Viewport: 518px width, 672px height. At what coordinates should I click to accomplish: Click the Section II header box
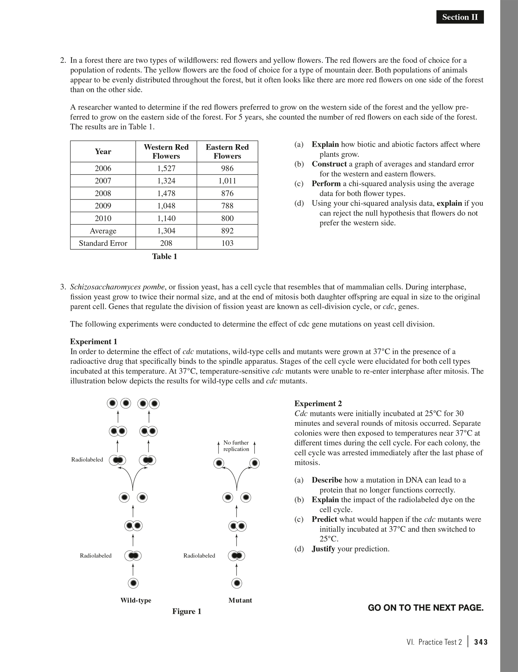point(460,17)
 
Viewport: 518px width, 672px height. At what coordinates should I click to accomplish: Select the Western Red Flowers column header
point(166,152)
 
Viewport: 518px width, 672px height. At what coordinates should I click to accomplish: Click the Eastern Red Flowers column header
point(227,152)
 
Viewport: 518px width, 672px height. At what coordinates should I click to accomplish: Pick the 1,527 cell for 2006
point(166,168)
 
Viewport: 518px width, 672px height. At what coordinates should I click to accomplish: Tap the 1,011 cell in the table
point(227,181)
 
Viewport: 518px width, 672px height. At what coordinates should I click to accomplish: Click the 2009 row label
point(103,206)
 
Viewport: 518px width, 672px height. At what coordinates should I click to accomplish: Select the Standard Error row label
point(103,243)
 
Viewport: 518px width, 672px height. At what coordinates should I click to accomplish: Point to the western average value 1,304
point(166,231)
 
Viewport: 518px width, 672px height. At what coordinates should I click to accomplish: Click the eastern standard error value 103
point(227,243)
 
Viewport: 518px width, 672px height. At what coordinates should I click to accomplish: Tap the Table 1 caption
point(164,257)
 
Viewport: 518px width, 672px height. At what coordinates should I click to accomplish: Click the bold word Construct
point(329,164)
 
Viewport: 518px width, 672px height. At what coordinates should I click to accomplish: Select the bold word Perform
point(326,184)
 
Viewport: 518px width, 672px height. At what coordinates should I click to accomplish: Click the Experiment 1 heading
point(93,342)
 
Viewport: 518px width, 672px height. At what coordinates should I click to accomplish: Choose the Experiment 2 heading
point(318,403)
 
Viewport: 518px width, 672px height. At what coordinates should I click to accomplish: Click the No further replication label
point(236,446)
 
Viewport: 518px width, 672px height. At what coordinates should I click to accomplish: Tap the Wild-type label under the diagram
point(136,600)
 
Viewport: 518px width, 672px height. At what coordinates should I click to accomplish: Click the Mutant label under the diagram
point(240,600)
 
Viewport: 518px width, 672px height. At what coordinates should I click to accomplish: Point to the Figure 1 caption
point(187,611)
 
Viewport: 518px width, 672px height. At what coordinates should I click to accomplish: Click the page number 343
point(481,642)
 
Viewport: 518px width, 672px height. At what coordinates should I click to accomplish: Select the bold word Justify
point(323,549)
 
